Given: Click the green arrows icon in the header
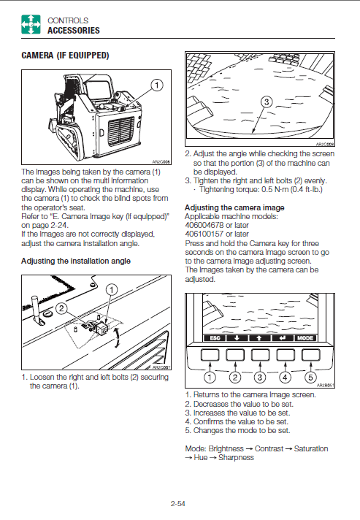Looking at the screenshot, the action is coord(31,24).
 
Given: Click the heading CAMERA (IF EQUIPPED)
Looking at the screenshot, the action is coord(65,56).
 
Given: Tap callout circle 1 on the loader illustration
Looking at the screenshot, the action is coord(157,85).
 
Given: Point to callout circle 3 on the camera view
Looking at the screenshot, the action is coord(267,102).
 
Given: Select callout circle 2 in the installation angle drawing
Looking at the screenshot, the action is coord(61,308).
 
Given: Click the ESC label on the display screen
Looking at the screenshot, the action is coord(215,338).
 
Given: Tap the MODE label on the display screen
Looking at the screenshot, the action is coord(305,338).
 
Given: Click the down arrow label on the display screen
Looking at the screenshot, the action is coord(237,338).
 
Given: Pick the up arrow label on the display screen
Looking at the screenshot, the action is coord(259,338).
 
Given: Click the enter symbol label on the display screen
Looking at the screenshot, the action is coord(283,338).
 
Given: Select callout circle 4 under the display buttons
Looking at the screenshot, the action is coord(285,377).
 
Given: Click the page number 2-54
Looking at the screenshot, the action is coord(178,503).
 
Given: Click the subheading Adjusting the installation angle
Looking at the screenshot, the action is coord(76,261).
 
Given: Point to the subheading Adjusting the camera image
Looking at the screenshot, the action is coord(234,207).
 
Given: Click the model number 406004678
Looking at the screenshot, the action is coord(204,225).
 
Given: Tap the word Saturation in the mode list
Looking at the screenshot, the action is coord(311,448).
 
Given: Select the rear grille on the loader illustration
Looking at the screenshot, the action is coord(121,131).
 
